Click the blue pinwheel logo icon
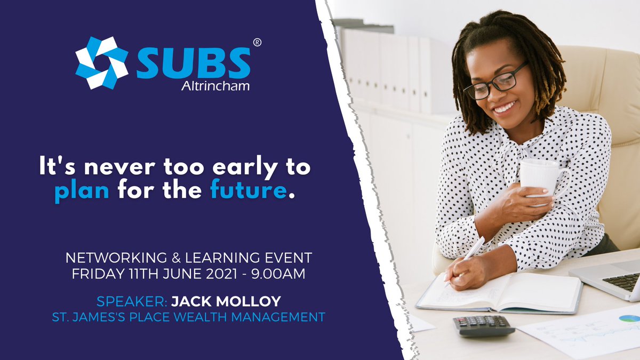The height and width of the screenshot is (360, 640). [x=101, y=63]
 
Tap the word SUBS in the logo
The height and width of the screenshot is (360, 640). [x=193, y=63]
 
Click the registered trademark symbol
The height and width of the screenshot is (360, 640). [x=257, y=42]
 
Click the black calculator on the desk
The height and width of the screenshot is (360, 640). [x=483, y=325]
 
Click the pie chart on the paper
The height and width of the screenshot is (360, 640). [x=629, y=318]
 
